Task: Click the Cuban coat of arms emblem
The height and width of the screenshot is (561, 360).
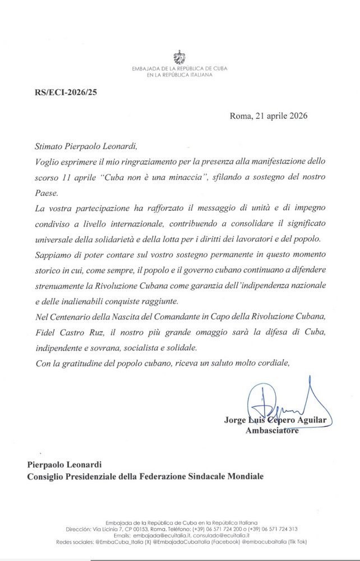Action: pos(179,56)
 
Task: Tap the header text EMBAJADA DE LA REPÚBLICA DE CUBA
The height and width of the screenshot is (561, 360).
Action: pos(179,68)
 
